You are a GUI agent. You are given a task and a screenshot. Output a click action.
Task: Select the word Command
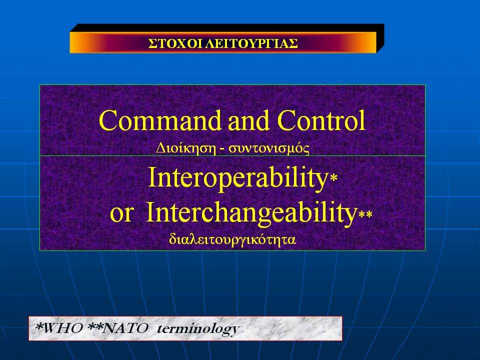point(160,120)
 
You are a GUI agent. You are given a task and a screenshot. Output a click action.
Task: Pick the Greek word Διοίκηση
point(184,148)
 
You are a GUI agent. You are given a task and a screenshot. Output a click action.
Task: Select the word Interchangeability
point(250,213)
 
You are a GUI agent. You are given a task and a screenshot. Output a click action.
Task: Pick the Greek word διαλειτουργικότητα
point(232,239)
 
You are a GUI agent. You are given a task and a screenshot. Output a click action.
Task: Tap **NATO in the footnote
point(118,328)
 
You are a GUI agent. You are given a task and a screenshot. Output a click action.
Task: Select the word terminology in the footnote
point(198,329)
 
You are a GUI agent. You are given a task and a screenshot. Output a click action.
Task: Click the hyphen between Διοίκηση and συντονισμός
point(220,149)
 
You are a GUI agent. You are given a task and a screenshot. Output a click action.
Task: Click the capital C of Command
point(108,120)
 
